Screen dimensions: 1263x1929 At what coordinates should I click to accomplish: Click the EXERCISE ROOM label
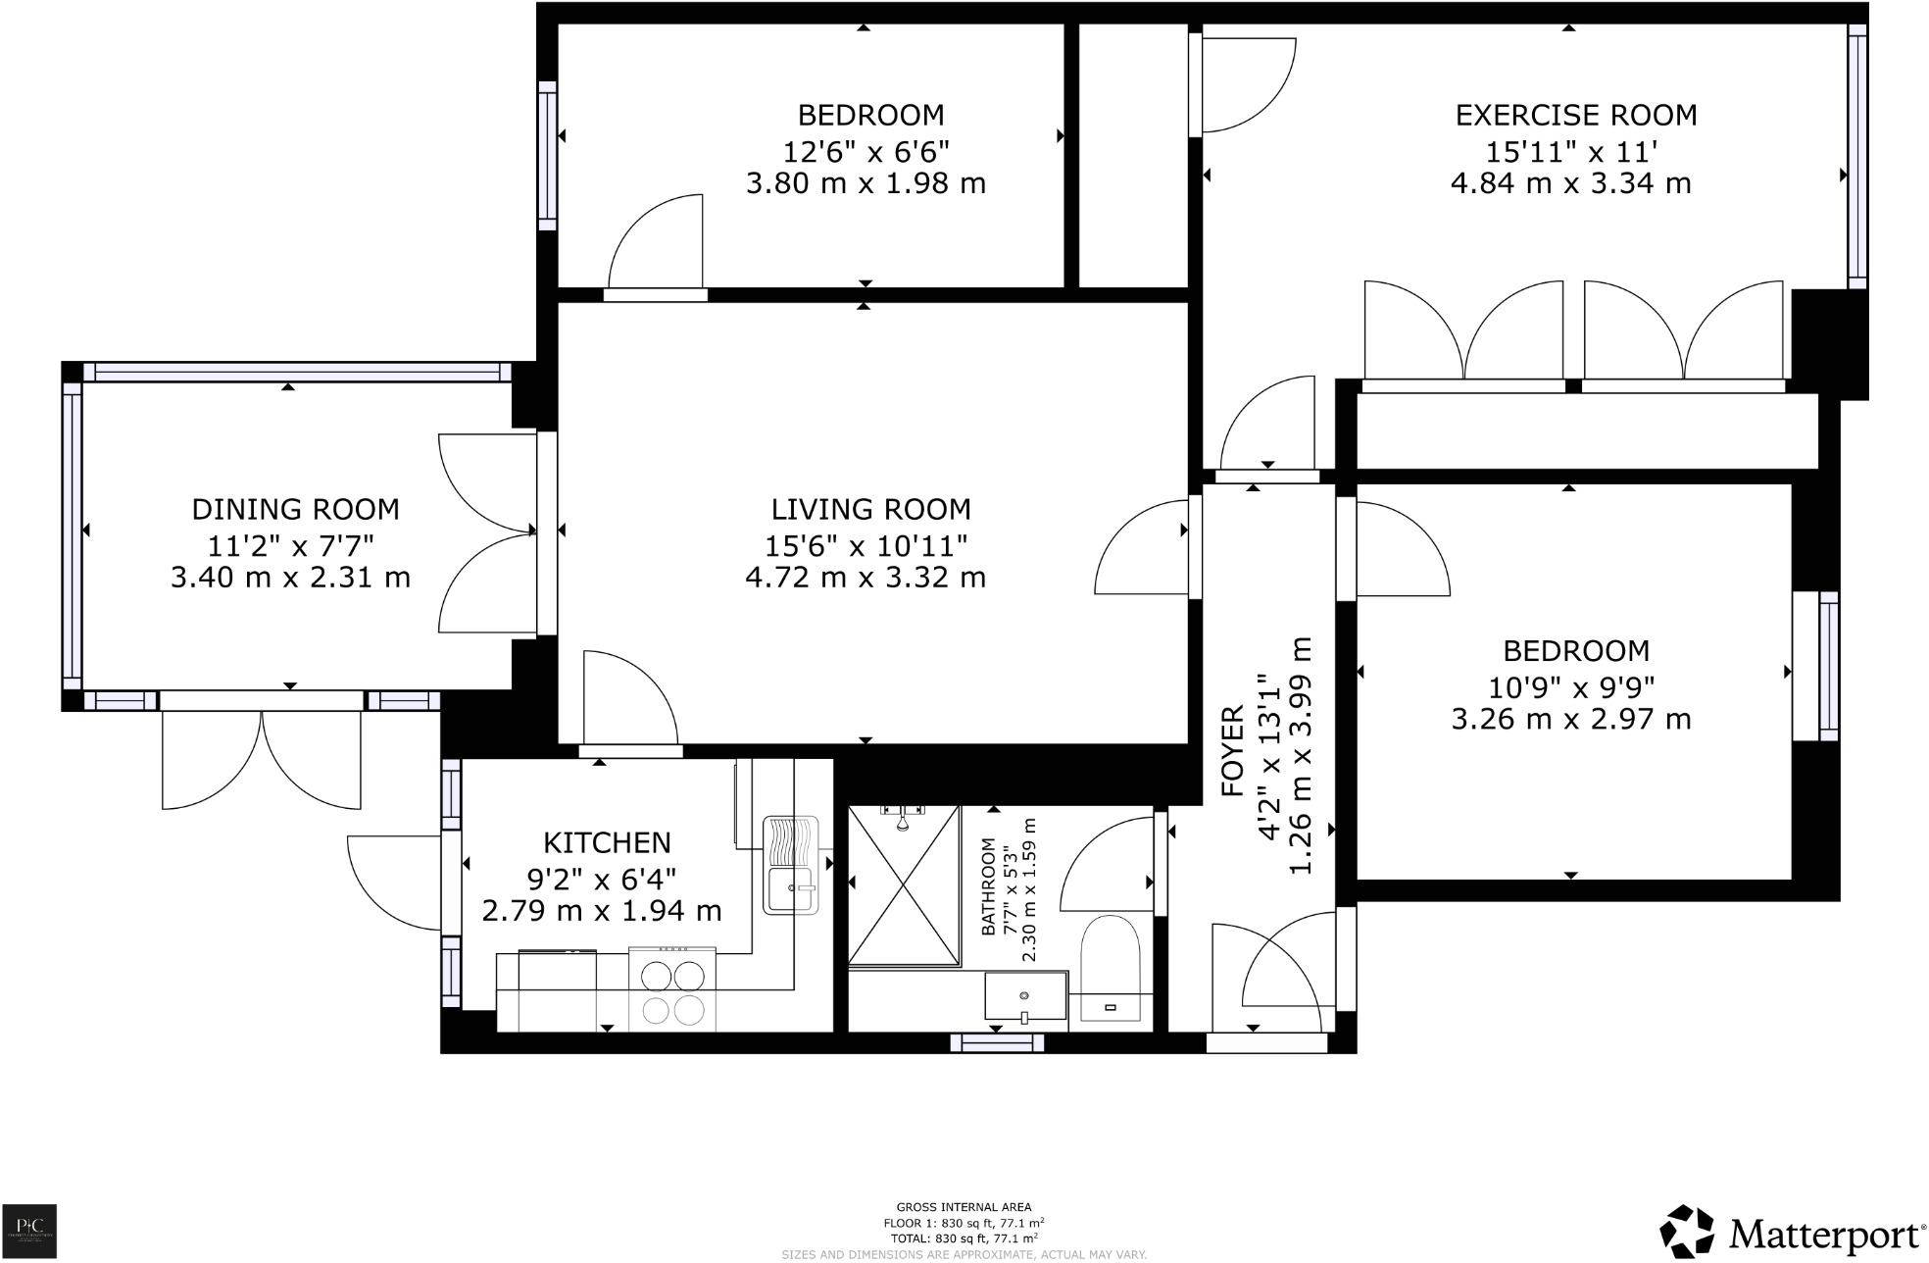click(x=1575, y=116)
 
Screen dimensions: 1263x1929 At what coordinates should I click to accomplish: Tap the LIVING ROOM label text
click(x=870, y=510)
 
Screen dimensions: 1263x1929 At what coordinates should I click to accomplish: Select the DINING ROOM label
click(x=295, y=510)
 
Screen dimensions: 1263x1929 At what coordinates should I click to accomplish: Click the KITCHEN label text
click(x=607, y=843)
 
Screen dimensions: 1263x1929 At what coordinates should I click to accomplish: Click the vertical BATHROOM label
click(x=988, y=886)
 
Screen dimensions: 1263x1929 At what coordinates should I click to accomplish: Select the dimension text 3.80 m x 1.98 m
click(x=866, y=184)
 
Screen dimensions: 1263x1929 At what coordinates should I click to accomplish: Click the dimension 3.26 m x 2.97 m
click(x=1570, y=720)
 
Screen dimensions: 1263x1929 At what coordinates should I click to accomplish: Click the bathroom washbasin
click(x=1025, y=996)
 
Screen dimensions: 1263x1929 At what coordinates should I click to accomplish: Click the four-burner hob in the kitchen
click(x=672, y=990)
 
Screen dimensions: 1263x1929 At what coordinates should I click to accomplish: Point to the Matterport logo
click(x=1792, y=1233)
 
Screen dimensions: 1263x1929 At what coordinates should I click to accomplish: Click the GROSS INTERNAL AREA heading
click(x=964, y=1208)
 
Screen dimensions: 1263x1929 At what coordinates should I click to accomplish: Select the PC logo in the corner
click(x=29, y=1231)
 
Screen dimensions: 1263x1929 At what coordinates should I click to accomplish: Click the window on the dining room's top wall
click(x=297, y=372)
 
